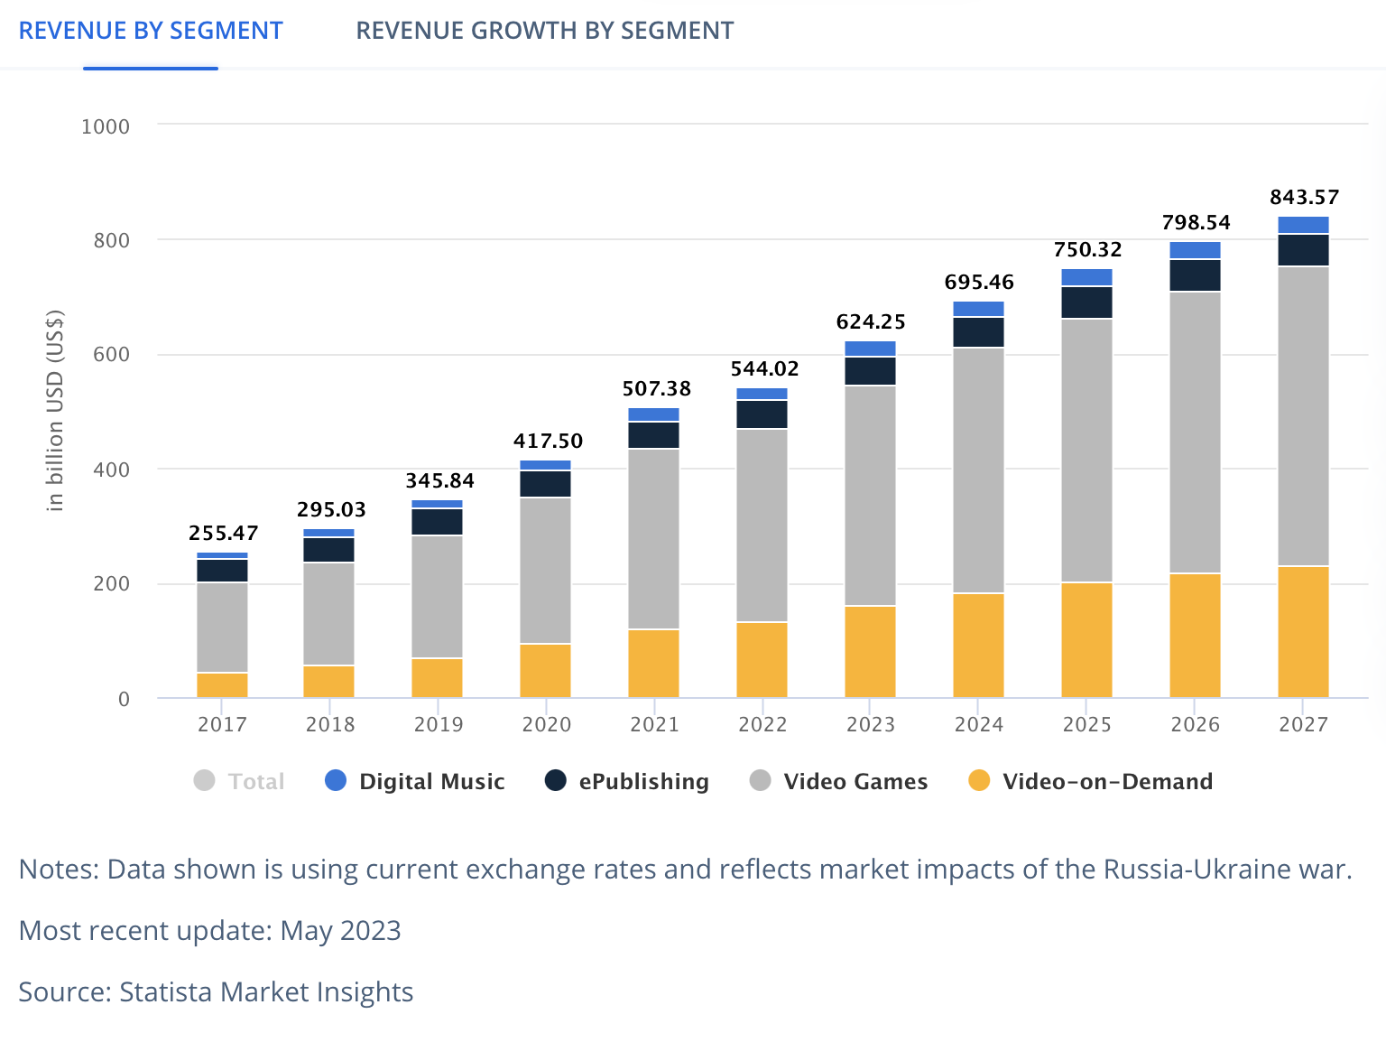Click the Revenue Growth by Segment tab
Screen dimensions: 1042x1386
544,31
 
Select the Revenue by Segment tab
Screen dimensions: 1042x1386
151,31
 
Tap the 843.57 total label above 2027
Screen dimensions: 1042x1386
1304,197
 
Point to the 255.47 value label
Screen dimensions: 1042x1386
223,533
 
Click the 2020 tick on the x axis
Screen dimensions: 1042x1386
547,724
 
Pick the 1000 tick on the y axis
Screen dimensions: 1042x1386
106,126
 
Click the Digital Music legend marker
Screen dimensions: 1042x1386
336,781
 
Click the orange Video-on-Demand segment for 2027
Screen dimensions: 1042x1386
1303,632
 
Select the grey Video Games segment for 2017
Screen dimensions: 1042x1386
222,628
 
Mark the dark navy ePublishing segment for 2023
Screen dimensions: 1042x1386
870,371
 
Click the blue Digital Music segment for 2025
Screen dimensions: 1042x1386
1086,277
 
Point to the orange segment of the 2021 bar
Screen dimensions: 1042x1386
653,664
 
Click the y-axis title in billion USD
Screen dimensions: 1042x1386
56,411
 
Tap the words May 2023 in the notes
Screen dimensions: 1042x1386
340,931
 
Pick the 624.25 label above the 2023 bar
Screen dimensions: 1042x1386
871,321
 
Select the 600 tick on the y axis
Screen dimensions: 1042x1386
112,355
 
